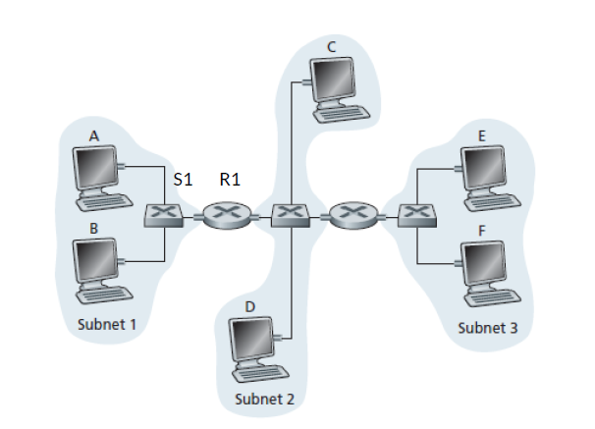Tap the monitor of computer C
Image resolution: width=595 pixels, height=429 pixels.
pyautogui.click(x=334, y=78)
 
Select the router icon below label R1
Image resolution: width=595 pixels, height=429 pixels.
pyautogui.click(x=228, y=214)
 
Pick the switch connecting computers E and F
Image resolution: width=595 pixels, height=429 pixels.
pyautogui.click(x=416, y=214)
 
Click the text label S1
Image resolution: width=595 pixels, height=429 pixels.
pyautogui.click(x=182, y=180)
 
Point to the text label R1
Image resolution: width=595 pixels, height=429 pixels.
pyautogui.click(x=231, y=180)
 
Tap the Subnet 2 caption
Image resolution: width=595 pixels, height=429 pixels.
pyautogui.click(x=264, y=399)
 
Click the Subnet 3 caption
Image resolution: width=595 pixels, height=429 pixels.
pyautogui.click(x=487, y=327)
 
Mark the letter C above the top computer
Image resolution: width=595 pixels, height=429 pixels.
pyautogui.click(x=332, y=45)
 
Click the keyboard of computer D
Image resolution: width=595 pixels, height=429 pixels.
pyautogui.click(x=259, y=373)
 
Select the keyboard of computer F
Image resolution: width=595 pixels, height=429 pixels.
pyautogui.click(x=491, y=295)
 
